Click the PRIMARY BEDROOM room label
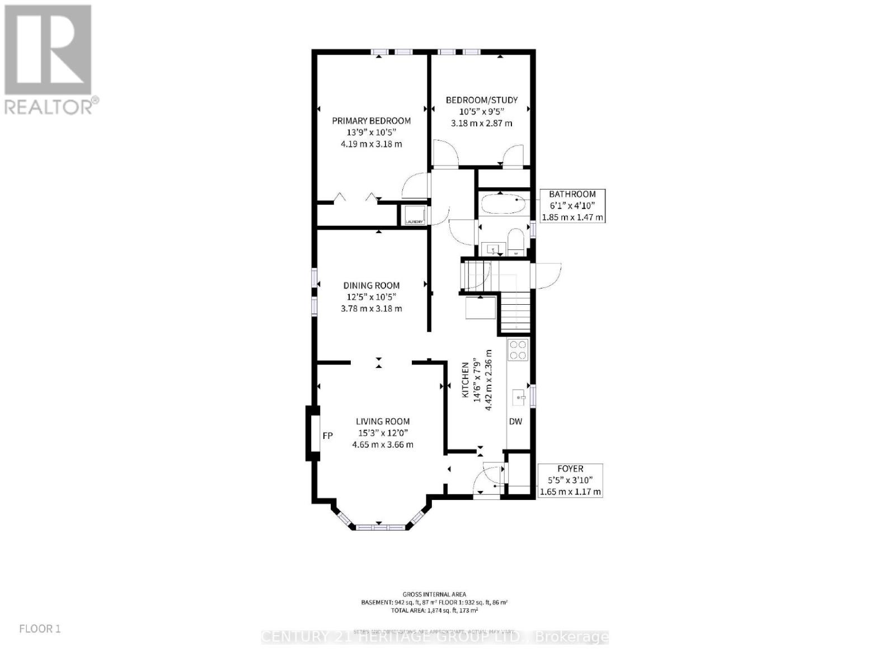(371, 121)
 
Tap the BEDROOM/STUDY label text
(481, 100)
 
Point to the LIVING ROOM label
(383, 422)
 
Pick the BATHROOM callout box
(572, 206)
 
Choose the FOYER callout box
(570, 480)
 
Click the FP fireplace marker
(328, 435)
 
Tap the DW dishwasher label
(515, 421)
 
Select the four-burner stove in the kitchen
(518, 349)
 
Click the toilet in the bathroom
(515, 240)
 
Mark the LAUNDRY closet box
(415, 215)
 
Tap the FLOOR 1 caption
(40, 629)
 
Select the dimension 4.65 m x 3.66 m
(383, 445)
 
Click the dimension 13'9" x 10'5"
(371, 133)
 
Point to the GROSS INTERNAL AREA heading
(434, 594)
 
